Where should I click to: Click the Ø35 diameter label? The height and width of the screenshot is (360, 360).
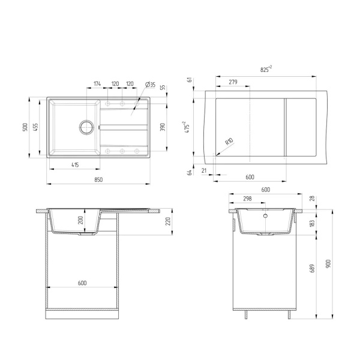click(x=151, y=85)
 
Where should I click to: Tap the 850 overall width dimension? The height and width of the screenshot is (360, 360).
click(x=98, y=179)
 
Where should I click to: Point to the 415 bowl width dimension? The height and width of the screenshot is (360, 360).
click(x=74, y=164)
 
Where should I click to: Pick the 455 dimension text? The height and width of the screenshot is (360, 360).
click(x=37, y=128)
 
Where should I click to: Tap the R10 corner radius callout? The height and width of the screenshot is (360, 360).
click(x=229, y=142)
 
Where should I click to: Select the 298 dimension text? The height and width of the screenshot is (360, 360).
click(x=247, y=199)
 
